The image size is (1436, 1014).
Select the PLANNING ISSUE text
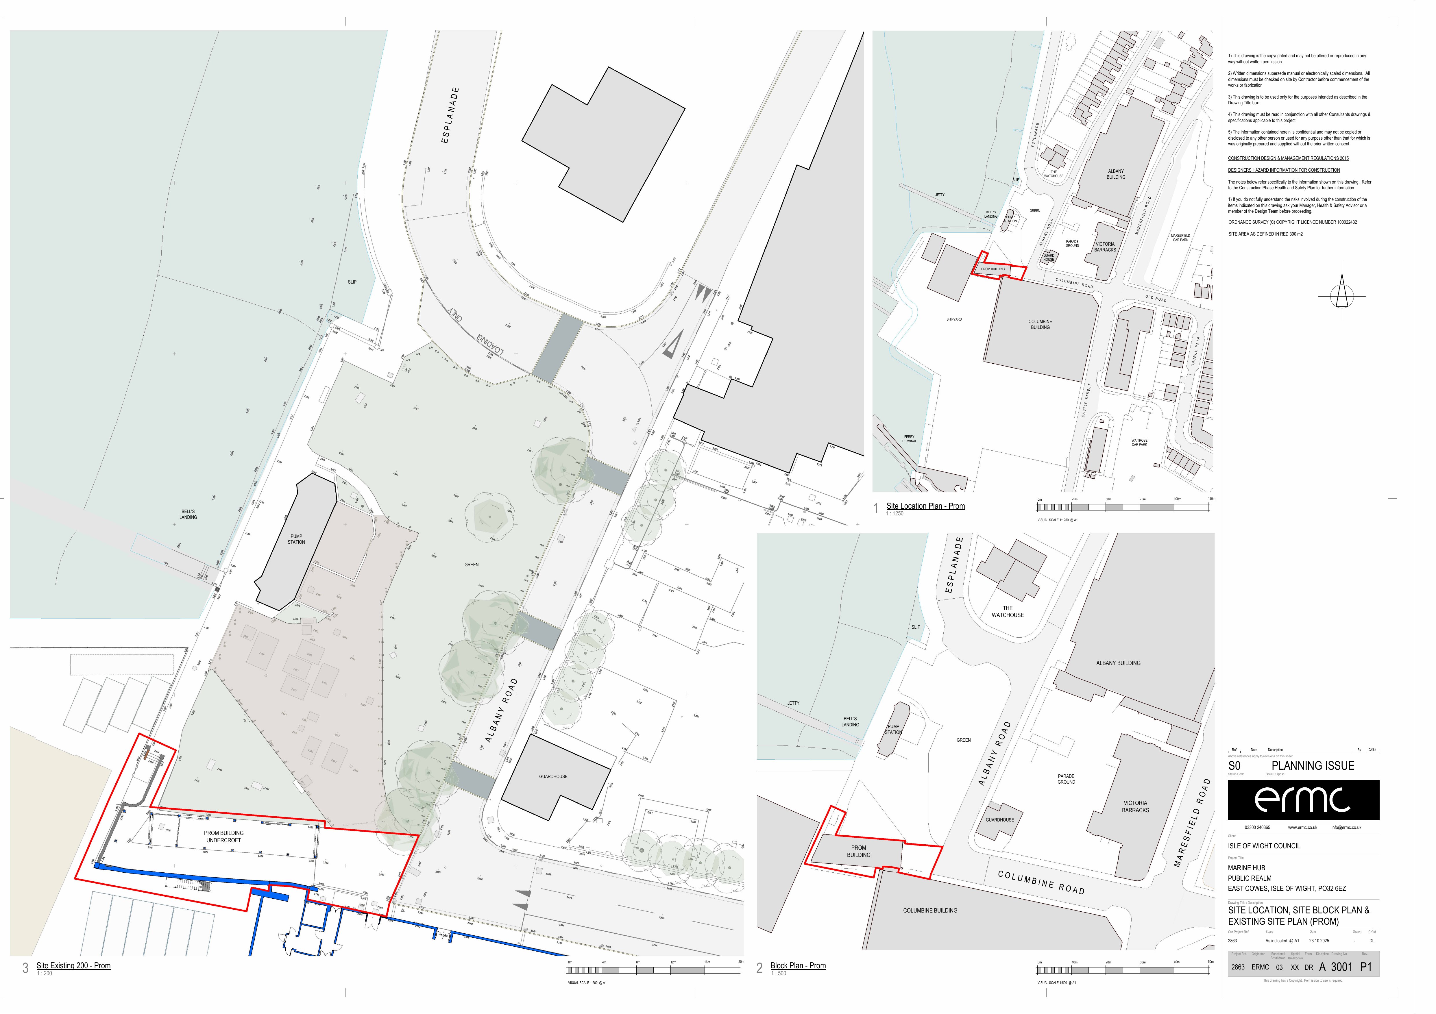[x=1313, y=766]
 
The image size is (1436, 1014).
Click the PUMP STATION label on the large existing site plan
[x=296, y=539]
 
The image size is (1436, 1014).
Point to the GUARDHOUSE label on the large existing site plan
[x=554, y=776]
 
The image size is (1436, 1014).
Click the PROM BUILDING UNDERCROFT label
[x=224, y=837]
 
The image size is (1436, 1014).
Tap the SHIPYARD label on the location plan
[x=954, y=319]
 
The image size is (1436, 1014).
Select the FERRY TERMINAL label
[x=909, y=439]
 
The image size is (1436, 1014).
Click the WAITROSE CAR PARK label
[x=1139, y=443]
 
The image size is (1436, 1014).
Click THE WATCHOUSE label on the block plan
[x=1008, y=611]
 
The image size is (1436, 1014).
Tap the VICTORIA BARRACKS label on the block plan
[x=1135, y=806]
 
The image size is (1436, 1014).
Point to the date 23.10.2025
[x=1320, y=941]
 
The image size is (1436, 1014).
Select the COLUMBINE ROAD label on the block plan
[x=1041, y=882]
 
